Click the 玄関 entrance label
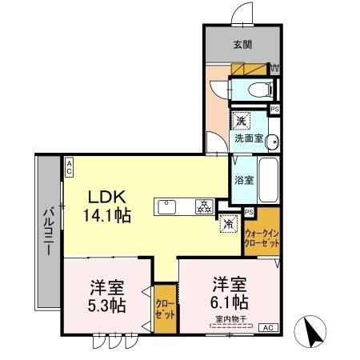point(241,45)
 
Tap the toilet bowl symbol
point(254,89)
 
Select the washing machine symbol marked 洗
point(240,122)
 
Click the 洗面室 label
point(246,138)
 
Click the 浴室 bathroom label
point(245,179)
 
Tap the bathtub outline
point(270,181)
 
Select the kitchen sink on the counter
point(169,206)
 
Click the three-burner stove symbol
point(202,207)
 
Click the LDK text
point(105,196)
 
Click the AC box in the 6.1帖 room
point(266,327)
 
